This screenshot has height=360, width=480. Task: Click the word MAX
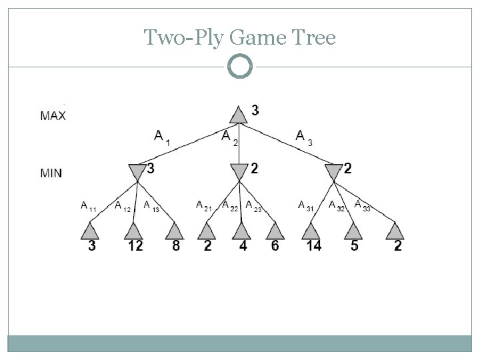(x=53, y=116)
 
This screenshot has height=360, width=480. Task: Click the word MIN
(x=51, y=173)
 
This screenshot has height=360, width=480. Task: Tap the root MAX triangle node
(x=239, y=114)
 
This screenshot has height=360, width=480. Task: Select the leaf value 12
(x=135, y=247)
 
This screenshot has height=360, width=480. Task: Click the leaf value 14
(x=313, y=247)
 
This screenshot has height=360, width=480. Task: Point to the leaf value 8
(x=175, y=247)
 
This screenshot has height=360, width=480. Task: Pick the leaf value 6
(x=275, y=247)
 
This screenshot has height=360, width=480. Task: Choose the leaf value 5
(x=354, y=247)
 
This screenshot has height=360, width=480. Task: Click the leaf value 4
(x=242, y=247)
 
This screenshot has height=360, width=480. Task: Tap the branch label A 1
(x=162, y=137)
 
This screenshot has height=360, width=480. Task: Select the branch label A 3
(x=304, y=137)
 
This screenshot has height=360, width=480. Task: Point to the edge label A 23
(x=253, y=206)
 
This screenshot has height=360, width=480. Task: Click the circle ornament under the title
(x=239, y=67)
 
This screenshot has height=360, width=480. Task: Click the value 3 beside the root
(x=255, y=109)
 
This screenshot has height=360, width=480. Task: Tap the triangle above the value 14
(x=311, y=231)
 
